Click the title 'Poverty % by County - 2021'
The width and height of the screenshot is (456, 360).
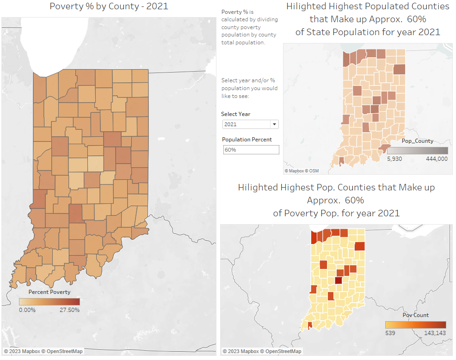tap(108, 6)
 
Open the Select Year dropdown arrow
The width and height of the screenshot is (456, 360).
tap(274, 124)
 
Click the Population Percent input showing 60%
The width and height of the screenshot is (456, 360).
tap(251, 150)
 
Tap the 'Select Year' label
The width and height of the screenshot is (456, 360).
tap(235, 114)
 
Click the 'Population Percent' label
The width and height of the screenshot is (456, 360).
tap(247, 140)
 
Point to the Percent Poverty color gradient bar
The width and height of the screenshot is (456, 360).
tap(49, 301)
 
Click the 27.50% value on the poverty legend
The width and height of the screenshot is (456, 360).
tap(69, 310)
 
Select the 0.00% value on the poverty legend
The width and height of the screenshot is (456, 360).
tap(27, 310)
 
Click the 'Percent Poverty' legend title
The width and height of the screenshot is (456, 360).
tap(49, 292)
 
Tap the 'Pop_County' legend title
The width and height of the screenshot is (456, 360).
tap(417, 141)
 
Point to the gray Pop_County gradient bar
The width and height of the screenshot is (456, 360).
tap(417, 151)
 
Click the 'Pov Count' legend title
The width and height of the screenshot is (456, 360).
tap(415, 315)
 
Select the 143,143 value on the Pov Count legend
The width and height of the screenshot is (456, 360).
tap(435, 332)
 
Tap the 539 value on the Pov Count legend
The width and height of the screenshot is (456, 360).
tap(390, 332)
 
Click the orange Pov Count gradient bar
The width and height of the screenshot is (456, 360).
tap(415, 324)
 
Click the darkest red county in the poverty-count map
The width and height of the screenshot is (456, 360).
tap(339, 280)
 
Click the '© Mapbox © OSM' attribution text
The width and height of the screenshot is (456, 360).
tap(302, 171)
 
